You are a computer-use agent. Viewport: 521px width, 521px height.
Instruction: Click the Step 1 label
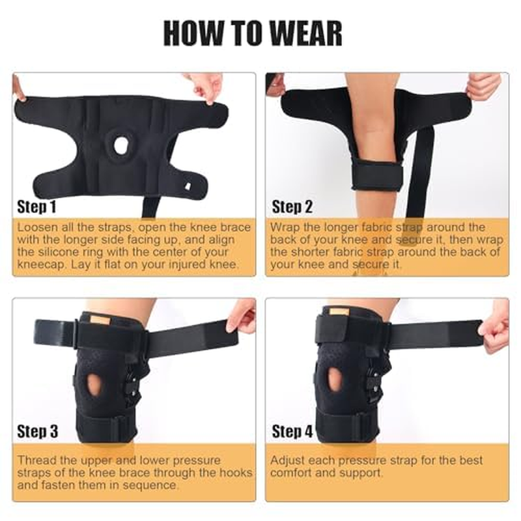click(37, 208)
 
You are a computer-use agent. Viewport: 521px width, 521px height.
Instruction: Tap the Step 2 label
click(292, 208)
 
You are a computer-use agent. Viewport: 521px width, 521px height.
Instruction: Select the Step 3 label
click(37, 431)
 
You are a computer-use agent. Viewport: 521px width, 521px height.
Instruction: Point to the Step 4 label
click(292, 431)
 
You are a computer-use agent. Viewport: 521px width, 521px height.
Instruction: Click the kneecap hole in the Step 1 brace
click(120, 145)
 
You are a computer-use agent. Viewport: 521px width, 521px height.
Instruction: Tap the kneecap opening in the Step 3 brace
click(95, 384)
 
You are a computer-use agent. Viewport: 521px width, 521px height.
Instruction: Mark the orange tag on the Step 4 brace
click(339, 312)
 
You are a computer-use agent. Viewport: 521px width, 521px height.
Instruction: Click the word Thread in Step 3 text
click(35, 460)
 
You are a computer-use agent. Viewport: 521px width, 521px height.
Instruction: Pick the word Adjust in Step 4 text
click(287, 460)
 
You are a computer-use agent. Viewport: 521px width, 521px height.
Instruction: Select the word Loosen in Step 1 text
click(37, 227)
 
